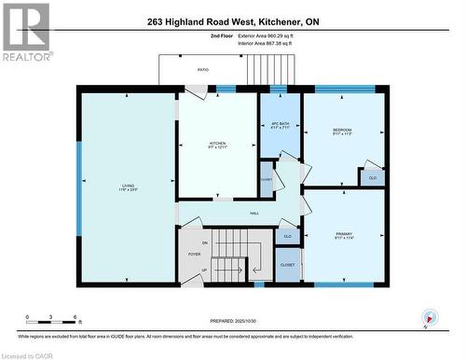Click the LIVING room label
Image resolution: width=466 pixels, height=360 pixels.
tap(128, 186)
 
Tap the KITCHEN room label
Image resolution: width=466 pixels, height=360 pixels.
tap(217, 144)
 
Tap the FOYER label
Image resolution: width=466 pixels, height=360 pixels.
tap(195, 253)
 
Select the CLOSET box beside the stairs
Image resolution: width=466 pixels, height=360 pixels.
tap(288, 266)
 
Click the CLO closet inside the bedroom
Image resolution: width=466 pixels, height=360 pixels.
tap(373, 177)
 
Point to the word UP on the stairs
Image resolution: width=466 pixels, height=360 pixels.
tap(205, 270)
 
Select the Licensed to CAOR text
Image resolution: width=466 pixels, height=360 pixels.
tap(29, 354)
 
